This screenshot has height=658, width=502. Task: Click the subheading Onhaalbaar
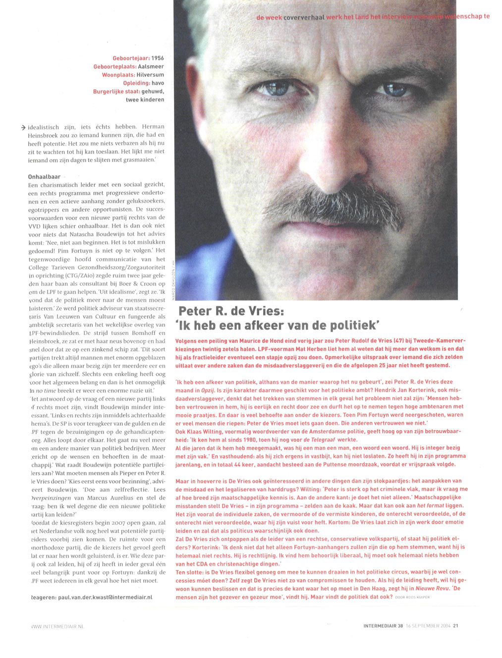44,176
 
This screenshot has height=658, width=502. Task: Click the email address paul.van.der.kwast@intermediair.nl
91,597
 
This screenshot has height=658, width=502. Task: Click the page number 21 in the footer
455,625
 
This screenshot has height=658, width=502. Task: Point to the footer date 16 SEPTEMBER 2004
428,625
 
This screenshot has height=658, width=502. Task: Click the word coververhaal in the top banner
304,17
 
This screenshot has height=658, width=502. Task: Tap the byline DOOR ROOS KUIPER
412,598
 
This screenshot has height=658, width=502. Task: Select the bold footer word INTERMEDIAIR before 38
380,625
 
